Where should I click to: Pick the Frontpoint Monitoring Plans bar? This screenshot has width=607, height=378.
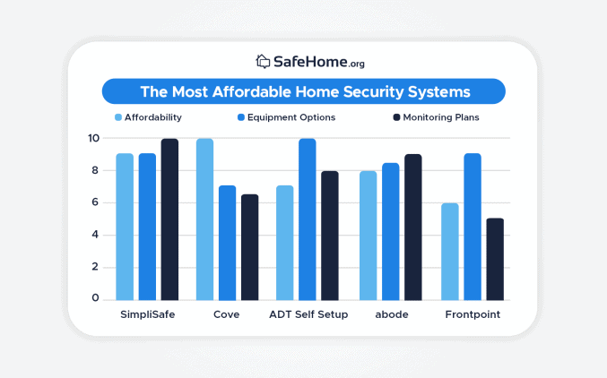[x=495, y=259]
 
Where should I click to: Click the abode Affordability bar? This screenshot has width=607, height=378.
[x=368, y=235]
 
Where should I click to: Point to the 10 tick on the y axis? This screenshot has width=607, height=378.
[x=93, y=138]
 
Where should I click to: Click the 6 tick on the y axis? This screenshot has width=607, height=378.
[x=96, y=202]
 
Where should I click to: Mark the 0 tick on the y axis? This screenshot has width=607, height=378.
[x=96, y=298]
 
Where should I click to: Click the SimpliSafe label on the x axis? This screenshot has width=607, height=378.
[x=147, y=315]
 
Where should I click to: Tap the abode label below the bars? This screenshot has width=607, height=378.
[x=390, y=315]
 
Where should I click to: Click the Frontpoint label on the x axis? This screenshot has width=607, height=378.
[x=473, y=315]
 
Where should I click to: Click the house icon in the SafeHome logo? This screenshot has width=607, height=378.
[x=263, y=62]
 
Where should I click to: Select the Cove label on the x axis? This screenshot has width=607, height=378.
[x=226, y=315]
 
